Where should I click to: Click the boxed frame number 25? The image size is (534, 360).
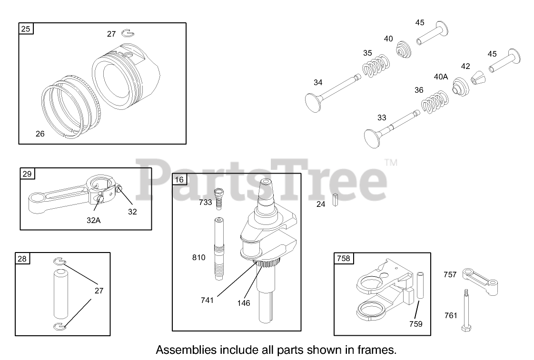click(x=26, y=29)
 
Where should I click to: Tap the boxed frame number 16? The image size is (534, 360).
click(x=179, y=179)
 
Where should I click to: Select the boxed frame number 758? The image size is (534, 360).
click(x=343, y=258)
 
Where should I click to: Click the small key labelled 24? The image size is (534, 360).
click(x=335, y=202)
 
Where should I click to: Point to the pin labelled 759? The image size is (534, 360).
click(x=420, y=285)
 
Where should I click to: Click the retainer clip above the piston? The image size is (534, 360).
click(x=127, y=33)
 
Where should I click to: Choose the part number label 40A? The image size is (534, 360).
click(x=441, y=77)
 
